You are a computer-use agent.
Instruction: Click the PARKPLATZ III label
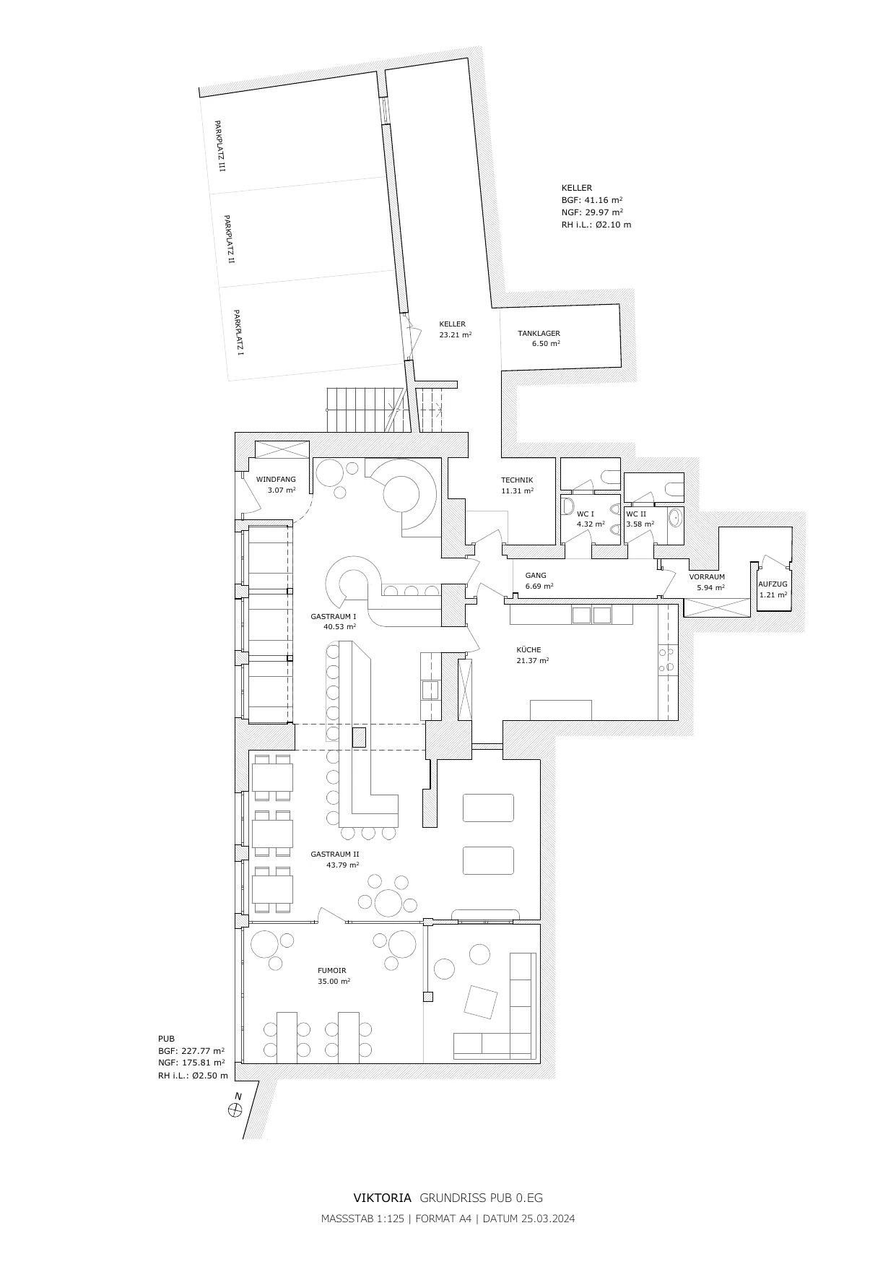pyautogui.click(x=219, y=146)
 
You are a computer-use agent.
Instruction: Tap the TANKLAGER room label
pyautogui.click(x=539, y=334)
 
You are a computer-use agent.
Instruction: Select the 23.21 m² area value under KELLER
pyautogui.click(x=456, y=335)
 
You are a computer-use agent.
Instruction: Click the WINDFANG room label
pyautogui.click(x=276, y=480)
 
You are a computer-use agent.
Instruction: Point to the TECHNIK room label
pyautogui.click(x=517, y=480)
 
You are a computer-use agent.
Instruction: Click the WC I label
pyautogui.click(x=586, y=514)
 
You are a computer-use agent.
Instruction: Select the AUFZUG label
pyautogui.click(x=773, y=584)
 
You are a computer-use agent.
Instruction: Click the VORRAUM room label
pyautogui.click(x=707, y=577)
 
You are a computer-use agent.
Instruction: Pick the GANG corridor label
pyautogui.click(x=536, y=576)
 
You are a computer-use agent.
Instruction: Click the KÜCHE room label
pyautogui.click(x=529, y=649)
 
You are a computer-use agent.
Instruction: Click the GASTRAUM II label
pyautogui.click(x=335, y=854)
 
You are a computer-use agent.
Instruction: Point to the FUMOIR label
pyautogui.click(x=332, y=971)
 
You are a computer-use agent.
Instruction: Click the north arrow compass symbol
pyautogui.click(x=235, y=1110)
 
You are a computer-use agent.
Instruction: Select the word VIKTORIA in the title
pyautogui.click(x=383, y=1198)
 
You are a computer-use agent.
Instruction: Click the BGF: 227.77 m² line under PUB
pyautogui.click(x=191, y=1051)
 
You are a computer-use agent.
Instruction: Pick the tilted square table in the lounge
pyautogui.click(x=481, y=1002)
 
